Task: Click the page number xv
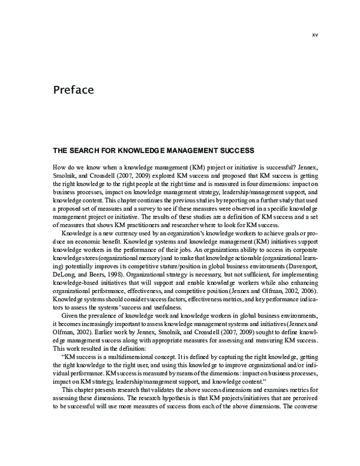click(314, 34)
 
